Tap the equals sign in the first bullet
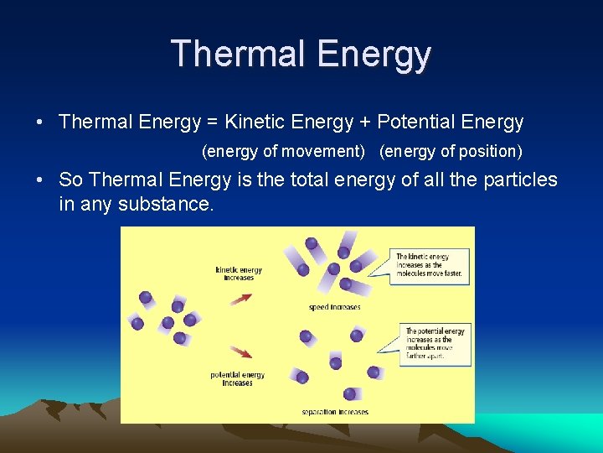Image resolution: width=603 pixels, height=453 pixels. (213, 122)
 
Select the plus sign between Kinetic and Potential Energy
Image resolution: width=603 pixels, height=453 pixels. (365, 122)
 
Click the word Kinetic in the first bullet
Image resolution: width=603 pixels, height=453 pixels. (254, 122)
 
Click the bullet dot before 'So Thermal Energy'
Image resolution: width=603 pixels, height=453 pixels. (40, 180)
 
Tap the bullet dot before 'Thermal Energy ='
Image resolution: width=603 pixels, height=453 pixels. (40, 122)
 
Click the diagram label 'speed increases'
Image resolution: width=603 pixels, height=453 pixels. (334, 307)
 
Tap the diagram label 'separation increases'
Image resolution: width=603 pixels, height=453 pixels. (335, 412)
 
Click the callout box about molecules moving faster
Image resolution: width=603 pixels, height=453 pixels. (428, 264)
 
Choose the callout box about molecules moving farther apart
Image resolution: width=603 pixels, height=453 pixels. (435, 342)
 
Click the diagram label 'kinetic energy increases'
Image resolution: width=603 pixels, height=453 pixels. (239, 273)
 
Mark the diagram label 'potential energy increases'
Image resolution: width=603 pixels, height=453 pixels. (238, 378)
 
